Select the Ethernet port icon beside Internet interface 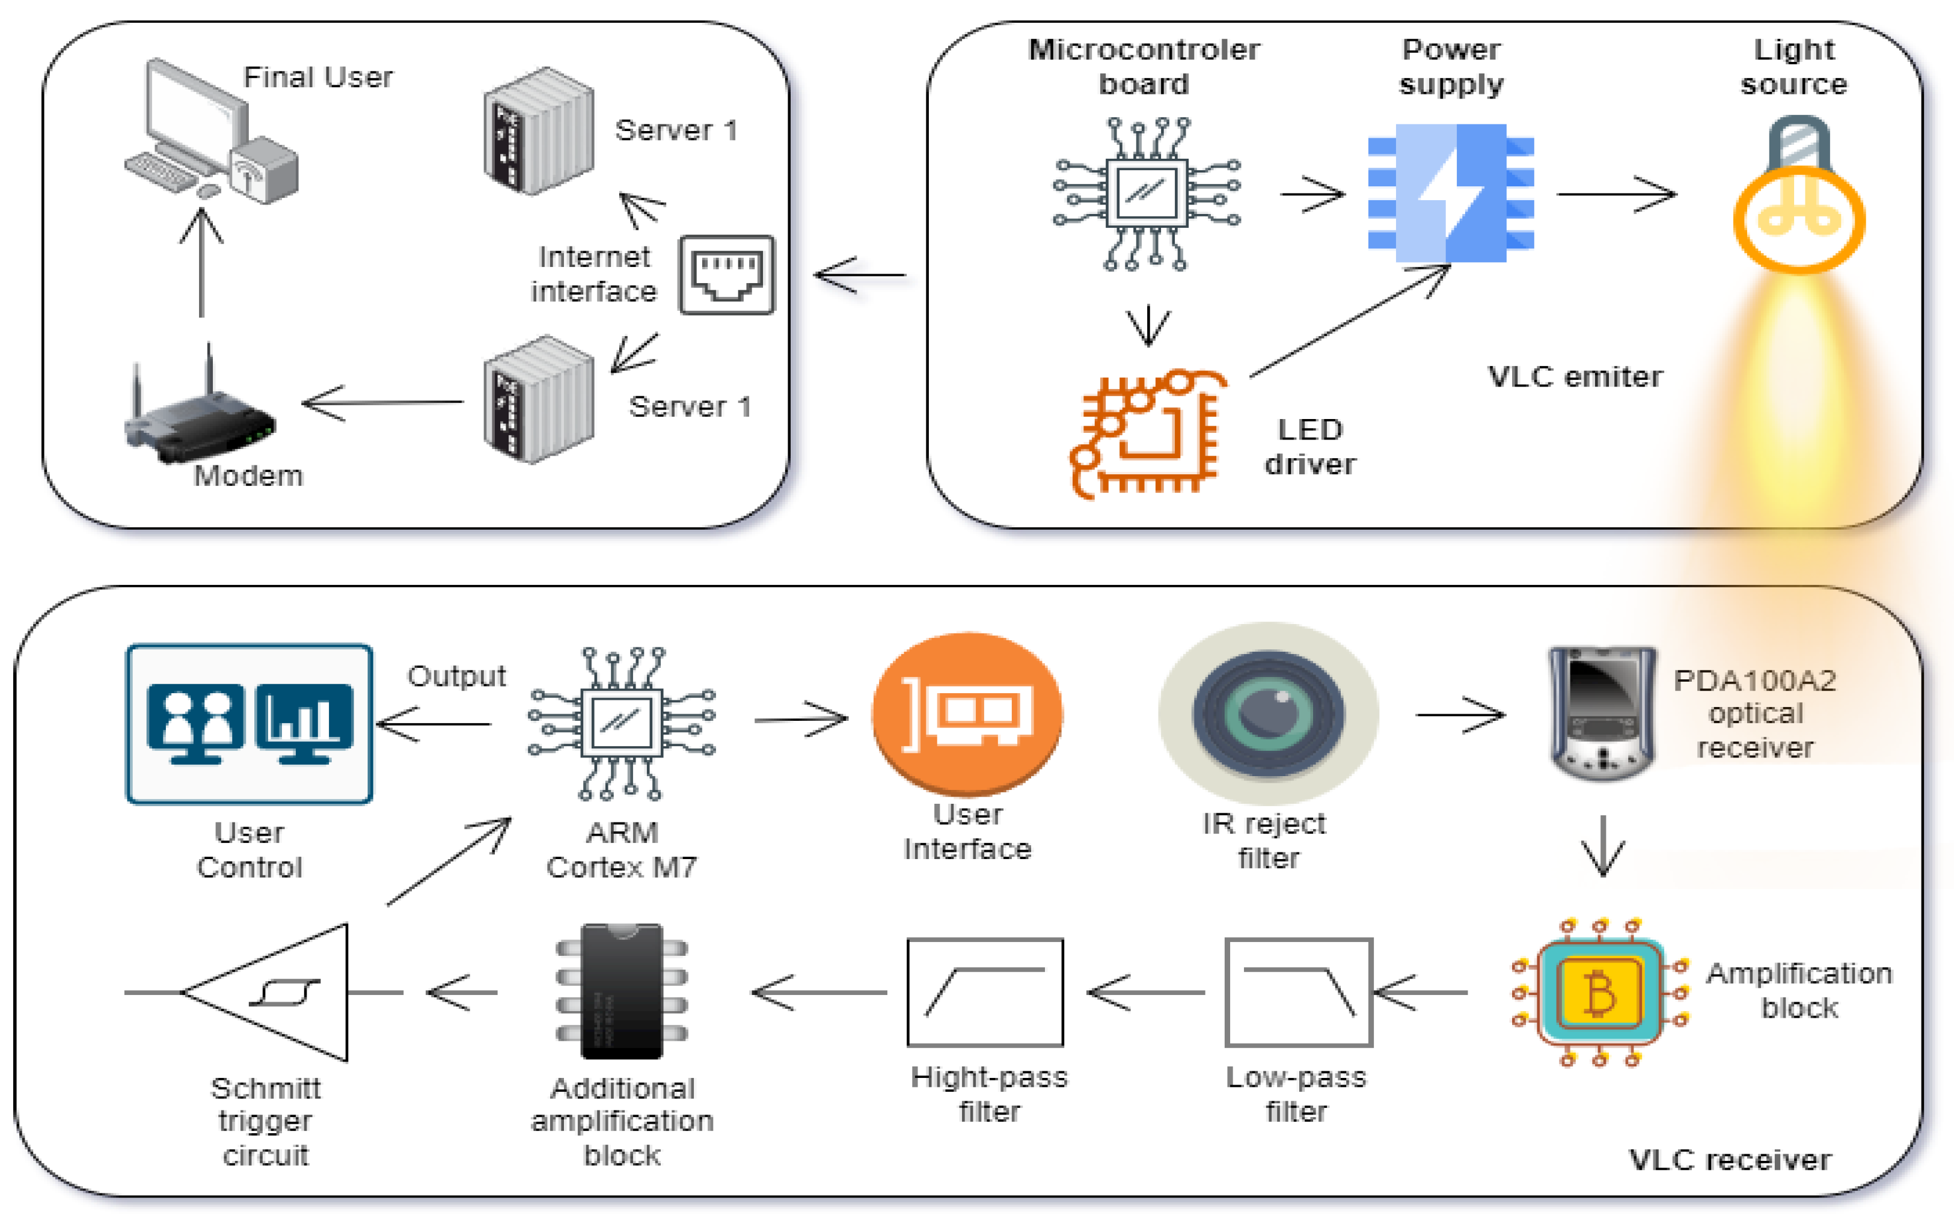727,274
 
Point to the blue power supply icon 1451,192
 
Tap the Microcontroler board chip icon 1146,194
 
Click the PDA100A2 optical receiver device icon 1602,713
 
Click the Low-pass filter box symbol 1298,993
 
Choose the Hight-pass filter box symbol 985,993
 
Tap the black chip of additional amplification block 622,991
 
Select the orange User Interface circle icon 967,713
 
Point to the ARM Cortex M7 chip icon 622,723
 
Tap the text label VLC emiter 1575,376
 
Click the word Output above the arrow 456,676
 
